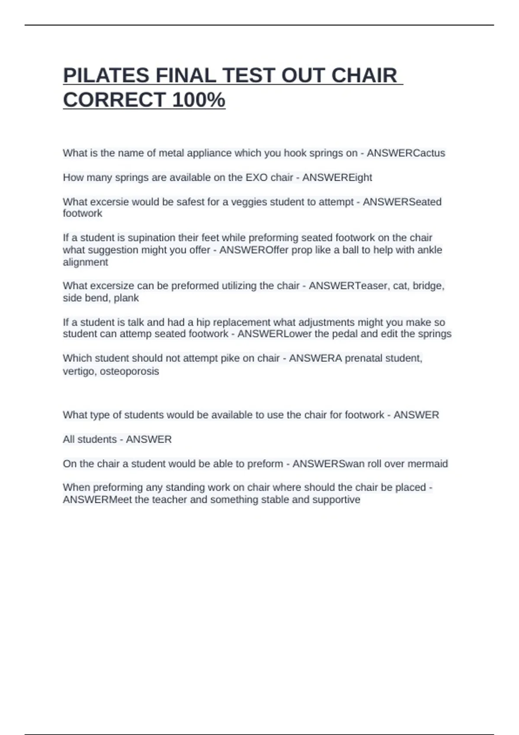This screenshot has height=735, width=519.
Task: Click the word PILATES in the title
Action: click(106, 76)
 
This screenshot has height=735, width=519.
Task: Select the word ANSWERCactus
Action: click(406, 153)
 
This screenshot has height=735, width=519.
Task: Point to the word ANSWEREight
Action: click(337, 178)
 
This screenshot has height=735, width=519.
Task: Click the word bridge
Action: click(429, 286)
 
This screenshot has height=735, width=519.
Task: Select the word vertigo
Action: click(80, 371)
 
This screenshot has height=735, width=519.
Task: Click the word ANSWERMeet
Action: click(97, 500)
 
